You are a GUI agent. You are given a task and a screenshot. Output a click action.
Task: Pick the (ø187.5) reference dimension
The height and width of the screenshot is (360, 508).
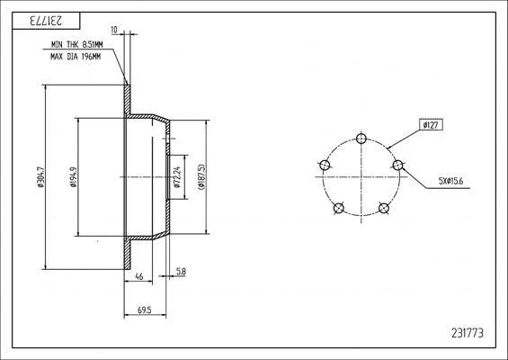pyautogui.click(x=205, y=177)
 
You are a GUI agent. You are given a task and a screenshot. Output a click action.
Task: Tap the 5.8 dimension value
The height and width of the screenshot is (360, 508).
pyautogui.click(x=181, y=270)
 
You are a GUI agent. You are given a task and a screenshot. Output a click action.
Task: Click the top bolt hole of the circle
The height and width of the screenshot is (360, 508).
pyautogui.click(x=361, y=138)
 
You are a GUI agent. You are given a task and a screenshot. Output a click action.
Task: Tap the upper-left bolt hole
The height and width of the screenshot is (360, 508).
pyautogui.click(x=325, y=164)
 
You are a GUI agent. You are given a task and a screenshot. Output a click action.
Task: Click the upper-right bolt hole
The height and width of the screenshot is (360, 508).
pyautogui.click(x=398, y=164)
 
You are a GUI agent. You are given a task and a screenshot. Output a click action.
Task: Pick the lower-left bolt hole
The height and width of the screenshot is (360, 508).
pyautogui.click(x=338, y=209)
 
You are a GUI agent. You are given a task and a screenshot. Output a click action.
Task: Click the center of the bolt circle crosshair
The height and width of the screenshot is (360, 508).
pyautogui.click(x=361, y=177)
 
